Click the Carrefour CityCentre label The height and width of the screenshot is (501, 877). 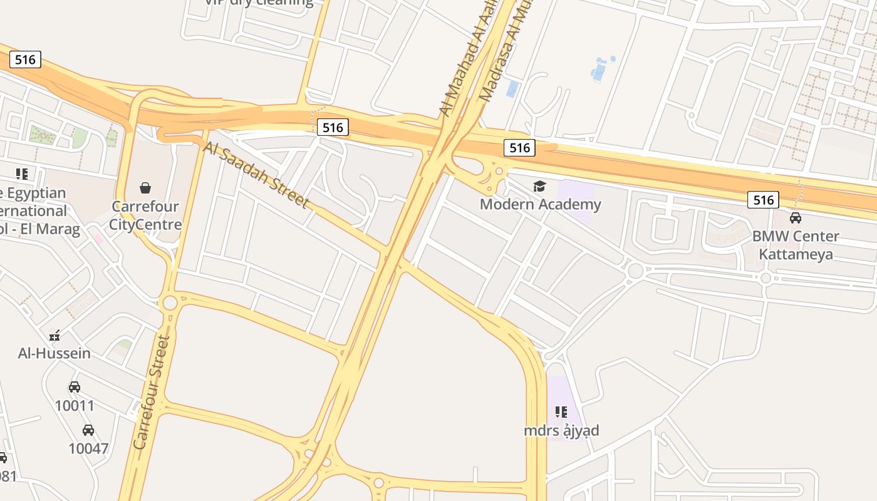pos(145,215)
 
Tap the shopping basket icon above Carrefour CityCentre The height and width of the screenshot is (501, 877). pos(145,188)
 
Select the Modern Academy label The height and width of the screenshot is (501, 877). pos(540,204)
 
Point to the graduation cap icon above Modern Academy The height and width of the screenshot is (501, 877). pos(539,186)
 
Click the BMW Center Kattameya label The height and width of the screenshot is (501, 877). pos(795,245)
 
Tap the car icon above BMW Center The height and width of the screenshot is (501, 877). pos(795,218)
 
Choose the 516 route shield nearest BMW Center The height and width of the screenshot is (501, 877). pos(763,200)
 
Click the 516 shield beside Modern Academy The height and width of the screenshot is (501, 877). pos(519,148)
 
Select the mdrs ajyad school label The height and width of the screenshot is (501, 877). pos(561,430)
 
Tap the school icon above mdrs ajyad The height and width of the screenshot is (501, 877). pos(561,412)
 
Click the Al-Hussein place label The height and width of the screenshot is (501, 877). pos(54,353)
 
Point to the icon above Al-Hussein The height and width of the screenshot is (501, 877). pos(54,336)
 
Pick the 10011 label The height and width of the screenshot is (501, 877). pos(75,406)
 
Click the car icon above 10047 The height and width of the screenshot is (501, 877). pos(88,430)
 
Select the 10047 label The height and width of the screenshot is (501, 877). pos(88,448)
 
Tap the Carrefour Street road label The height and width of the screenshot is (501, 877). pos(152,393)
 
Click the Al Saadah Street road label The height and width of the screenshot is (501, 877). pos(256,175)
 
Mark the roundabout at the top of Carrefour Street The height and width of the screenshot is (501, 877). pos(169,303)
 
